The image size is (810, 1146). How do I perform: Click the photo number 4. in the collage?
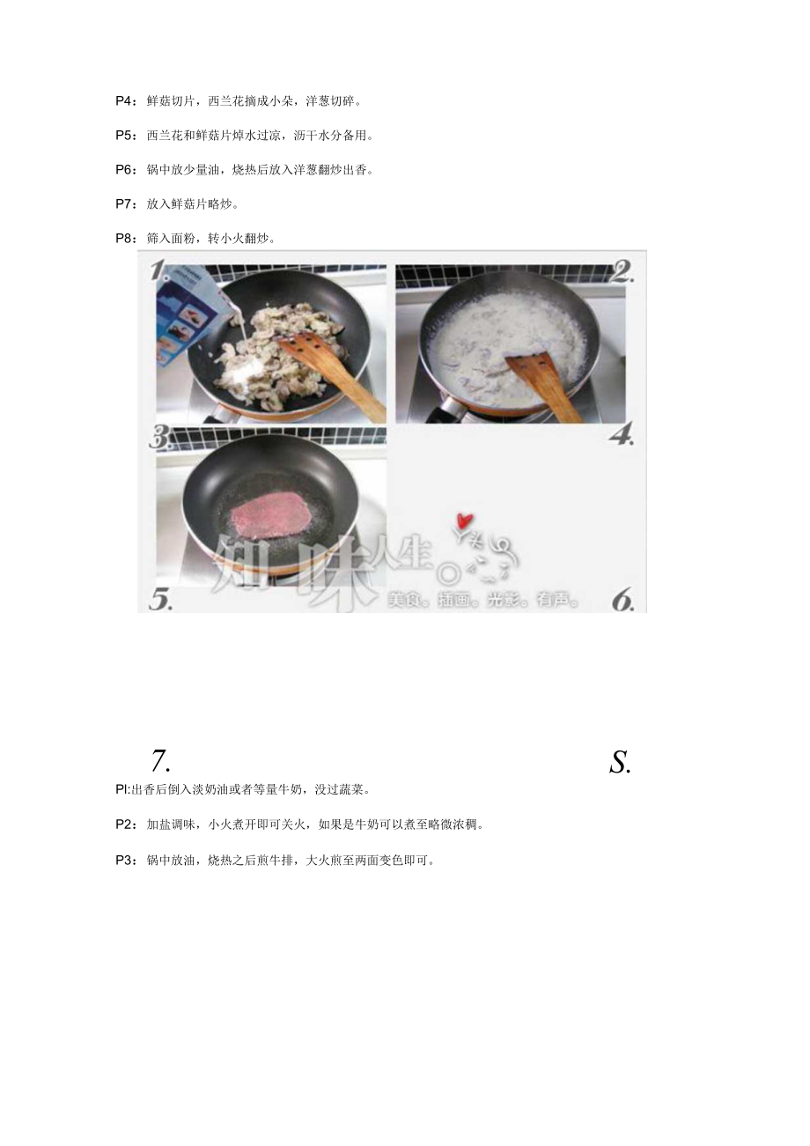point(622,435)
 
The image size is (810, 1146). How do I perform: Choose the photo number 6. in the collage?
point(622,600)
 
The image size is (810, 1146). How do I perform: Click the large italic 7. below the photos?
point(159,761)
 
